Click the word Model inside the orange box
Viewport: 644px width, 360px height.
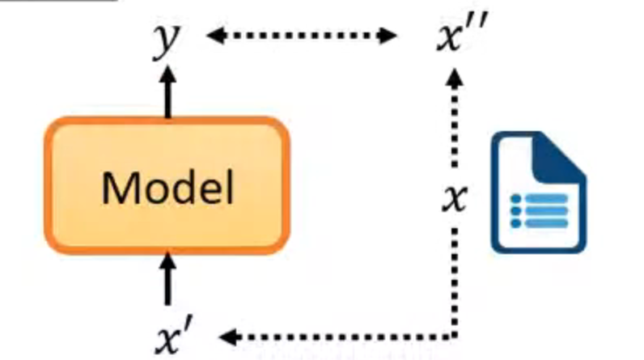[167, 188]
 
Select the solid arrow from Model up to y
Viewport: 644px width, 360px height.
[167, 93]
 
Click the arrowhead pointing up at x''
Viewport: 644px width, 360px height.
[456, 76]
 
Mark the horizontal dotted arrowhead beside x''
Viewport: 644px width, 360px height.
[389, 36]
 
